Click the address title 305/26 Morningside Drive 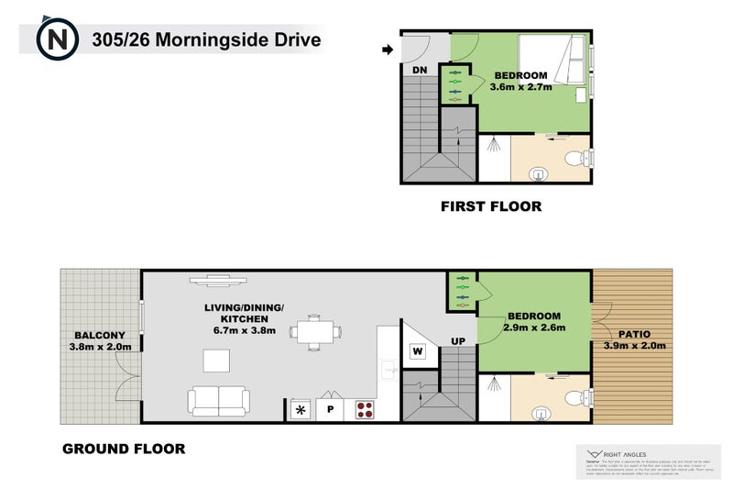206,40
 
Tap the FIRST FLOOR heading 491,206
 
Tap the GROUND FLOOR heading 124,449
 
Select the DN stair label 420,70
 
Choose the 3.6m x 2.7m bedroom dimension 520,87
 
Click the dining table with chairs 315,331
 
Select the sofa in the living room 219,400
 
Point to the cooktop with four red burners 365,409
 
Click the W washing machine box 417,350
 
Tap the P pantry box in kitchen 329,410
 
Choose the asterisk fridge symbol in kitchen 300,410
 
